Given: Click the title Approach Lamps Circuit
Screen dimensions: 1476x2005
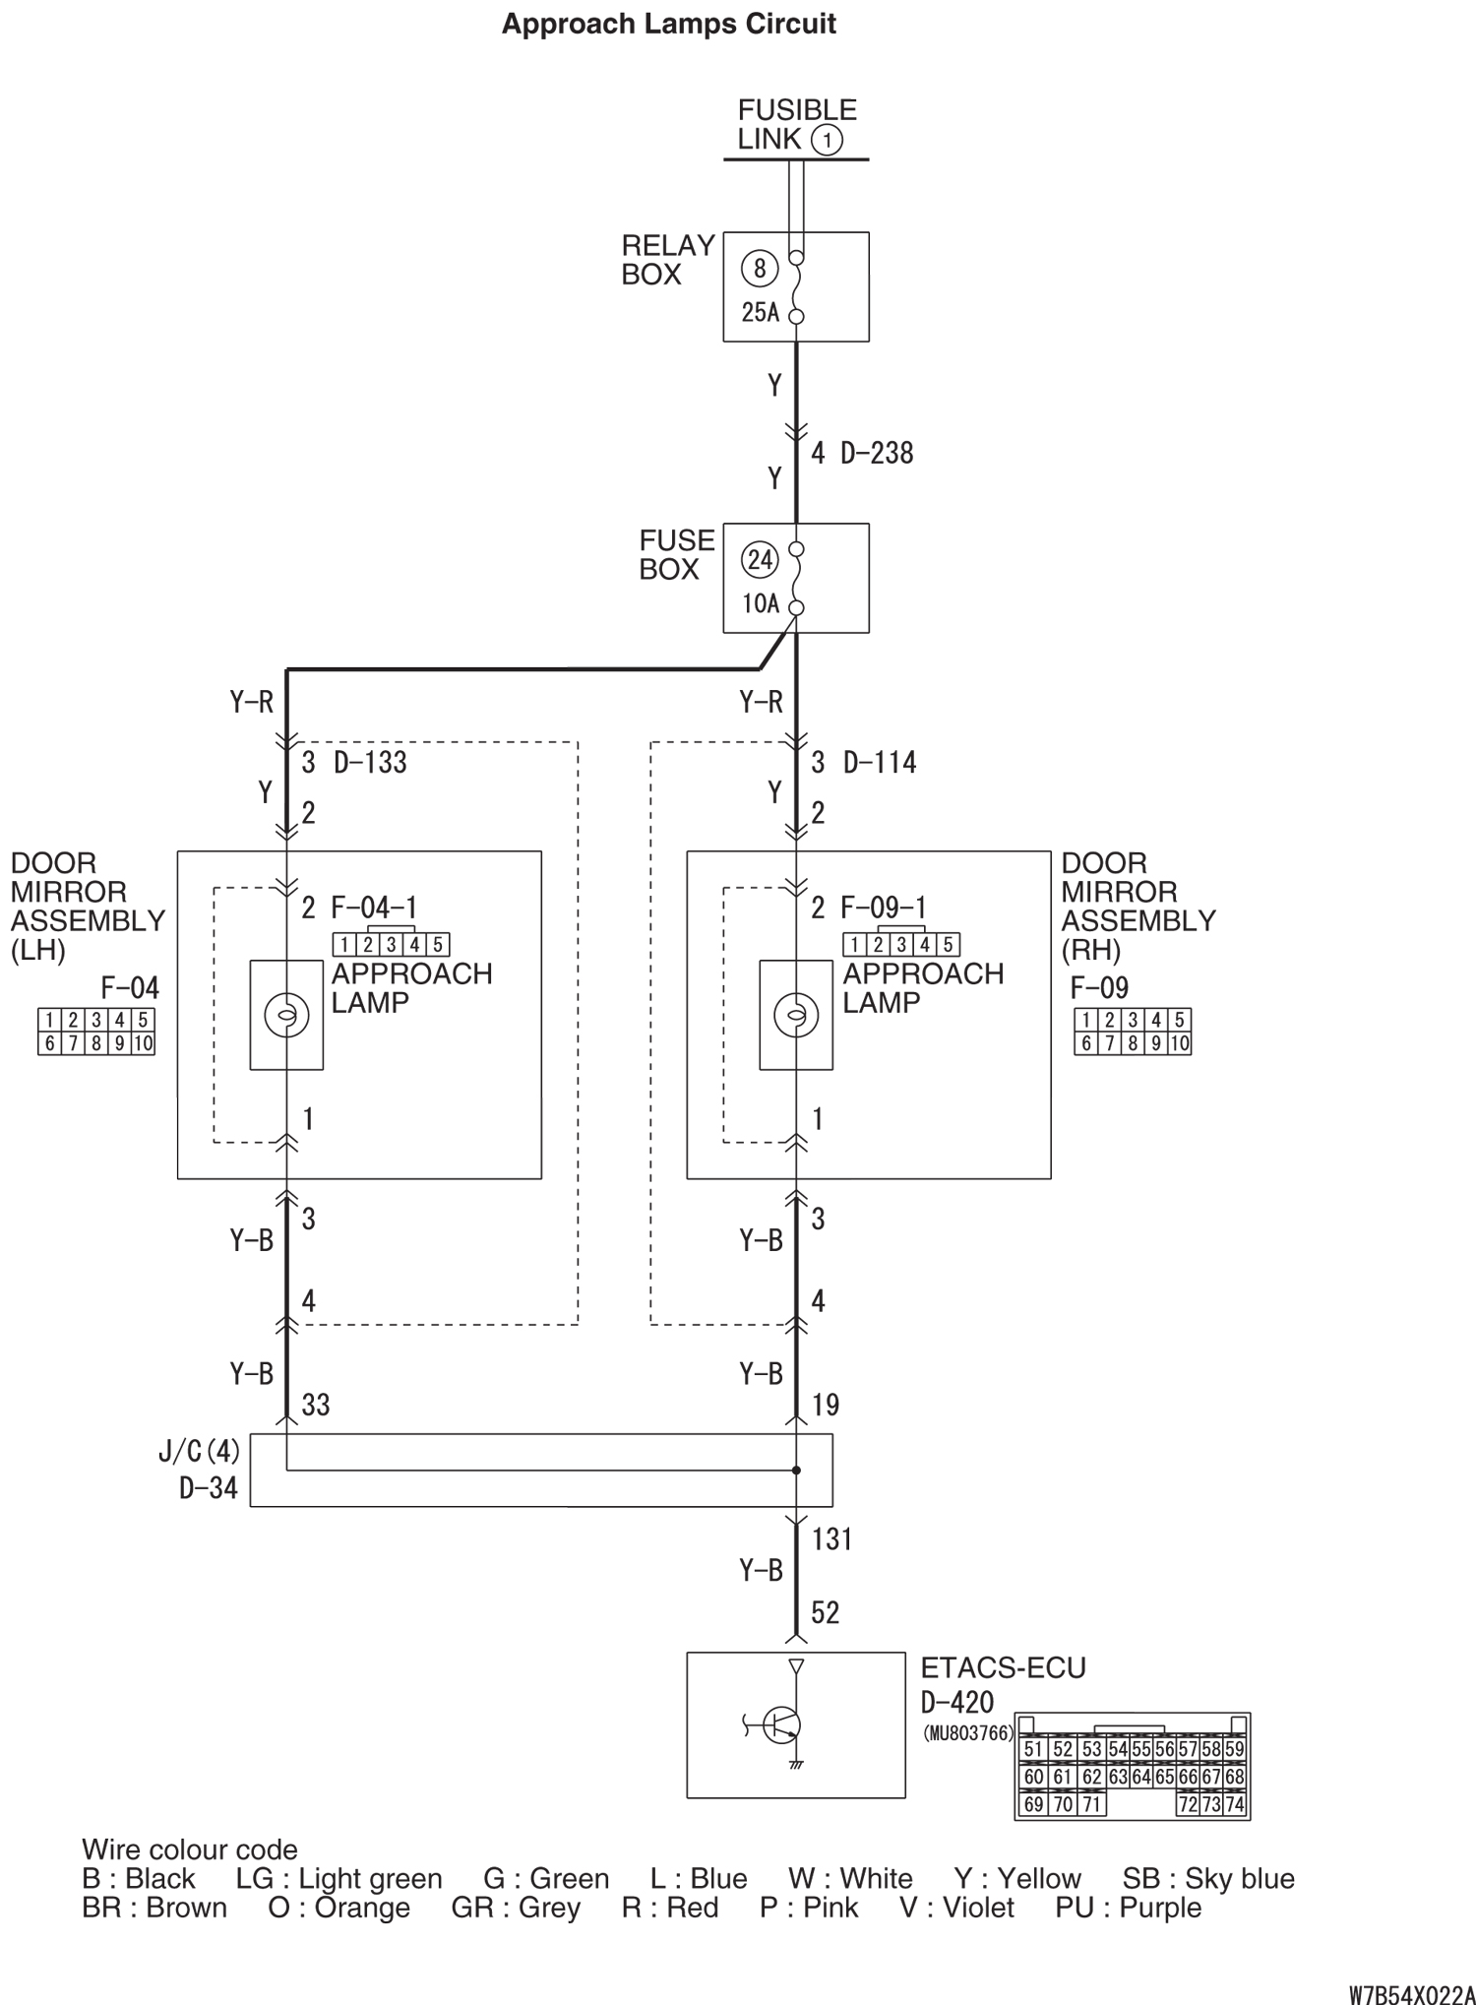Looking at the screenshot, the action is (669, 24).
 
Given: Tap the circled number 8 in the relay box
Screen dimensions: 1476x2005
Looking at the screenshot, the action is (760, 268).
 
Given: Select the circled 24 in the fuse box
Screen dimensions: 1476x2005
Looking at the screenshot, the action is (760, 560).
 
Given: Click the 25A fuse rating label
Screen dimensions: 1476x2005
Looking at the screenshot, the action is (760, 312).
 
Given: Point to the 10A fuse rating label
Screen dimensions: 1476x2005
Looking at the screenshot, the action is (760, 602).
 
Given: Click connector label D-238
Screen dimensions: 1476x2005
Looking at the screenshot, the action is (877, 453).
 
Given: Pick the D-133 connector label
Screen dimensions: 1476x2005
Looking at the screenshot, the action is (370, 762).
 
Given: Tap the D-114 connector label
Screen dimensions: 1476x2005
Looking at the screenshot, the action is (880, 762).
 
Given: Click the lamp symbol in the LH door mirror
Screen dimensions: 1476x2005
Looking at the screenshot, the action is (286, 1015).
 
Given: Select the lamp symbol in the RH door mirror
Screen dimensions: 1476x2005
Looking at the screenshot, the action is (796, 1015).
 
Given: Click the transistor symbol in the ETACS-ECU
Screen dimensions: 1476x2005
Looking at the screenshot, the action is (779, 1724).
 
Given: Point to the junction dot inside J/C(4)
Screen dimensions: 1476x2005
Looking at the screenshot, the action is (796, 1471).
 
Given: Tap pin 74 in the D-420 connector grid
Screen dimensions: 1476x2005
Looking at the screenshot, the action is (1235, 1804).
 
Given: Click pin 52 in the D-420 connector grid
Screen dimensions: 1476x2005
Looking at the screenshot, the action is (1063, 1749).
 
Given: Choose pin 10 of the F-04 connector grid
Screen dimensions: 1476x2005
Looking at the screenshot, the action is (143, 1043).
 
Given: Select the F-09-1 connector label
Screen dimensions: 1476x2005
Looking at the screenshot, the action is (883, 907).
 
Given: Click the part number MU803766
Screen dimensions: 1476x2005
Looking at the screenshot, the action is (968, 1733).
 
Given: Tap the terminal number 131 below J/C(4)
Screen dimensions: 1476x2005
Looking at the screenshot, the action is (831, 1538).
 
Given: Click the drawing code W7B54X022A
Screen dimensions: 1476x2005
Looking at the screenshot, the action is (1411, 1992).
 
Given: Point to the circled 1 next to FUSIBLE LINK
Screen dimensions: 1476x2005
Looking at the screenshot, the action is (827, 140).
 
